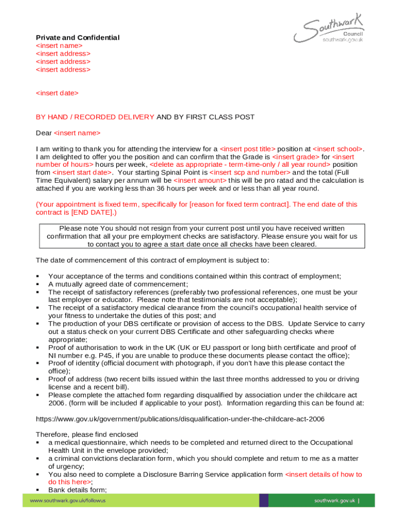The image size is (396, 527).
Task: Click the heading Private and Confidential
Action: (x=77, y=38)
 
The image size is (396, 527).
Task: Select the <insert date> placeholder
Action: (x=57, y=93)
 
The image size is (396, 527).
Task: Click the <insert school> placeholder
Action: (x=337, y=149)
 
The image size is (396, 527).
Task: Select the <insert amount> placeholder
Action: (x=200, y=181)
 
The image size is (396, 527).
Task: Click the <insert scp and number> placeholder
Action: (x=250, y=172)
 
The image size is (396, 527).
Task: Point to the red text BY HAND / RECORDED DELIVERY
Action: (x=95, y=117)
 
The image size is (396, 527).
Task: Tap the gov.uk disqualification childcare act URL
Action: (x=180, y=419)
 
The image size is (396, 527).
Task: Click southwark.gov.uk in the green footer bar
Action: (x=335, y=500)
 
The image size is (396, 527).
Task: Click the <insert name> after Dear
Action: (x=77, y=133)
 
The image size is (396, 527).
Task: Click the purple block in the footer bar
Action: (x=263, y=500)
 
